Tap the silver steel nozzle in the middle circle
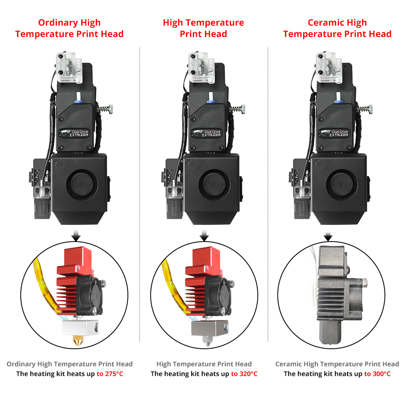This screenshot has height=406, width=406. click(207, 341)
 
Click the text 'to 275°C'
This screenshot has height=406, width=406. click(110, 374)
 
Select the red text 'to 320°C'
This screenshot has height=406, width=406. click(244, 374)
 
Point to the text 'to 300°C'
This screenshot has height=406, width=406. click(377, 374)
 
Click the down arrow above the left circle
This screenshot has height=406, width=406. click(76, 235)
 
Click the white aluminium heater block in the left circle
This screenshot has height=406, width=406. click(80, 328)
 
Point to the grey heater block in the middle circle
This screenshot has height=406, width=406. click(210, 328)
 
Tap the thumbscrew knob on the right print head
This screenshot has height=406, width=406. click(370, 109)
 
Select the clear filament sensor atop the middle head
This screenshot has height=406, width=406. click(200, 67)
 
